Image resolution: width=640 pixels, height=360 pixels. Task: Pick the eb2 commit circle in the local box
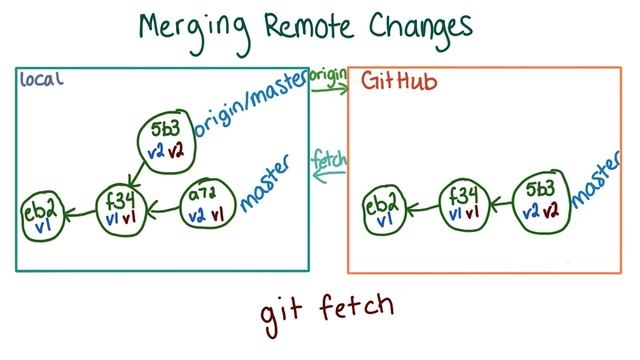coord(43,213)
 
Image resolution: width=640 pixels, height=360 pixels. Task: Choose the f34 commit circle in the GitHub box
coord(464,201)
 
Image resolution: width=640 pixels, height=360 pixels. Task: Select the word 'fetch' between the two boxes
coord(328,158)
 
